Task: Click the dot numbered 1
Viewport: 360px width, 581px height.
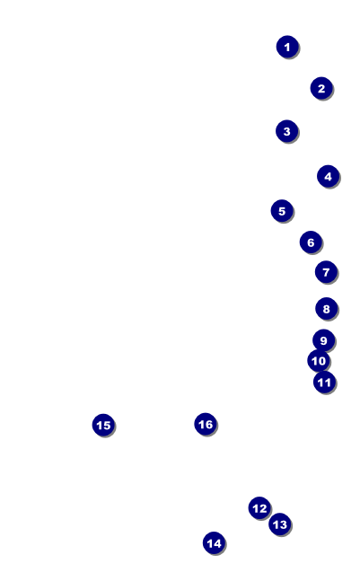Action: click(x=287, y=47)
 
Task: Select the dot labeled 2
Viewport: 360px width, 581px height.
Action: click(x=321, y=88)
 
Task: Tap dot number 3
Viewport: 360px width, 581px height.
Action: click(x=286, y=131)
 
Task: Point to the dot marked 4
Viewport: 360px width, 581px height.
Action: click(x=329, y=176)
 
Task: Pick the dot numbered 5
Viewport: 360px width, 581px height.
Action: click(x=282, y=211)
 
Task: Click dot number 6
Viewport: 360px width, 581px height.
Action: click(x=311, y=242)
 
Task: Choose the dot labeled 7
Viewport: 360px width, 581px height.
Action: click(x=326, y=272)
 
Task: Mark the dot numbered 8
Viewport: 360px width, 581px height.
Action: click(x=326, y=308)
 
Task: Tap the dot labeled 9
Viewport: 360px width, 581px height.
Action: click(x=324, y=340)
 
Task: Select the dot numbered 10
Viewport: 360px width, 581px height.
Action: click(x=319, y=360)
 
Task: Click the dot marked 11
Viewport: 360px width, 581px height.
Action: click(x=324, y=382)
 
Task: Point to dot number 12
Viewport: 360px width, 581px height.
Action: click(x=259, y=508)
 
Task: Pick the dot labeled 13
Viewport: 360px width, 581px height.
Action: click(x=280, y=524)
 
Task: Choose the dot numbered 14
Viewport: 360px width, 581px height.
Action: click(x=214, y=543)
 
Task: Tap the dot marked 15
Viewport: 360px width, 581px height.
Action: click(x=103, y=425)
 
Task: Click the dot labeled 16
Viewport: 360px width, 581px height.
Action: click(x=206, y=424)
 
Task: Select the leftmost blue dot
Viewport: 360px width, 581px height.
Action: click(x=103, y=425)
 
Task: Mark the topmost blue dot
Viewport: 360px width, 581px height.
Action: click(x=287, y=47)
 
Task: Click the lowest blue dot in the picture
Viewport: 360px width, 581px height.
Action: click(x=214, y=543)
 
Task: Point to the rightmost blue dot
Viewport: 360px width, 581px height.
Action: click(x=329, y=176)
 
